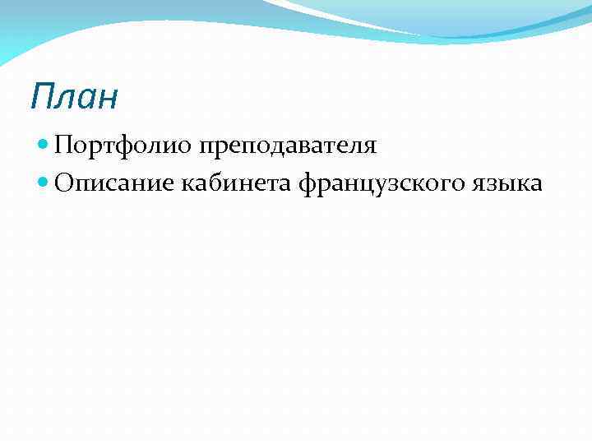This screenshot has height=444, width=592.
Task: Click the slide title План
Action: tap(74, 96)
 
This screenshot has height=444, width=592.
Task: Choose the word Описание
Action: tap(116, 183)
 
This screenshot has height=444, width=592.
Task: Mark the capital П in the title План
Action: tap(42, 96)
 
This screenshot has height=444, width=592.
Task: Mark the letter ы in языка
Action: tap(500, 184)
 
